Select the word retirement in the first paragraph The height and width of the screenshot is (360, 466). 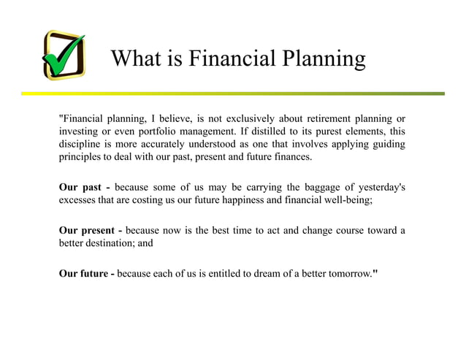point(305,118)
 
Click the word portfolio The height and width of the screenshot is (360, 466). point(165,131)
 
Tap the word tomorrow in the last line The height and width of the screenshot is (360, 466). point(345,275)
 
